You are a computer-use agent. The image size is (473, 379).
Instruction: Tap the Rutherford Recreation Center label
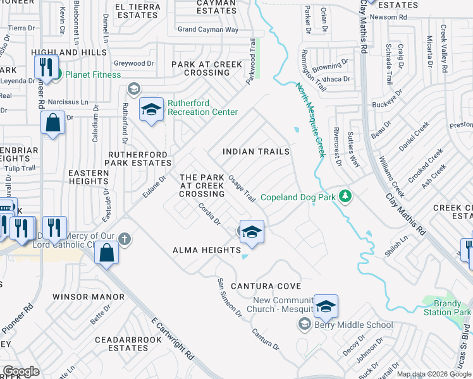pyautogui.click(x=202, y=107)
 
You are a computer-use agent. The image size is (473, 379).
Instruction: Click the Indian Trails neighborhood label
pyautogui.click(x=256, y=152)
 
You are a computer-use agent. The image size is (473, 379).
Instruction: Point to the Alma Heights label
pyautogui.click(x=207, y=250)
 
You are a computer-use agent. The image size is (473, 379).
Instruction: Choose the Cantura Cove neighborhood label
pyautogui.click(x=265, y=286)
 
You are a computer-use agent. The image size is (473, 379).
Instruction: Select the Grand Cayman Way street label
pyautogui.click(x=207, y=29)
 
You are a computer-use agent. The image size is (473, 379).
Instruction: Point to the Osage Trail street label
pyautogui.click(x=242, y=188)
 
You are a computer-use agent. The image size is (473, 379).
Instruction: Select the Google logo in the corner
pyautogui.click(x=21, y=371)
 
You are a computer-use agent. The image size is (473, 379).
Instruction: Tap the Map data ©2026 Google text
pyautogui.click(x=433, y=374)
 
